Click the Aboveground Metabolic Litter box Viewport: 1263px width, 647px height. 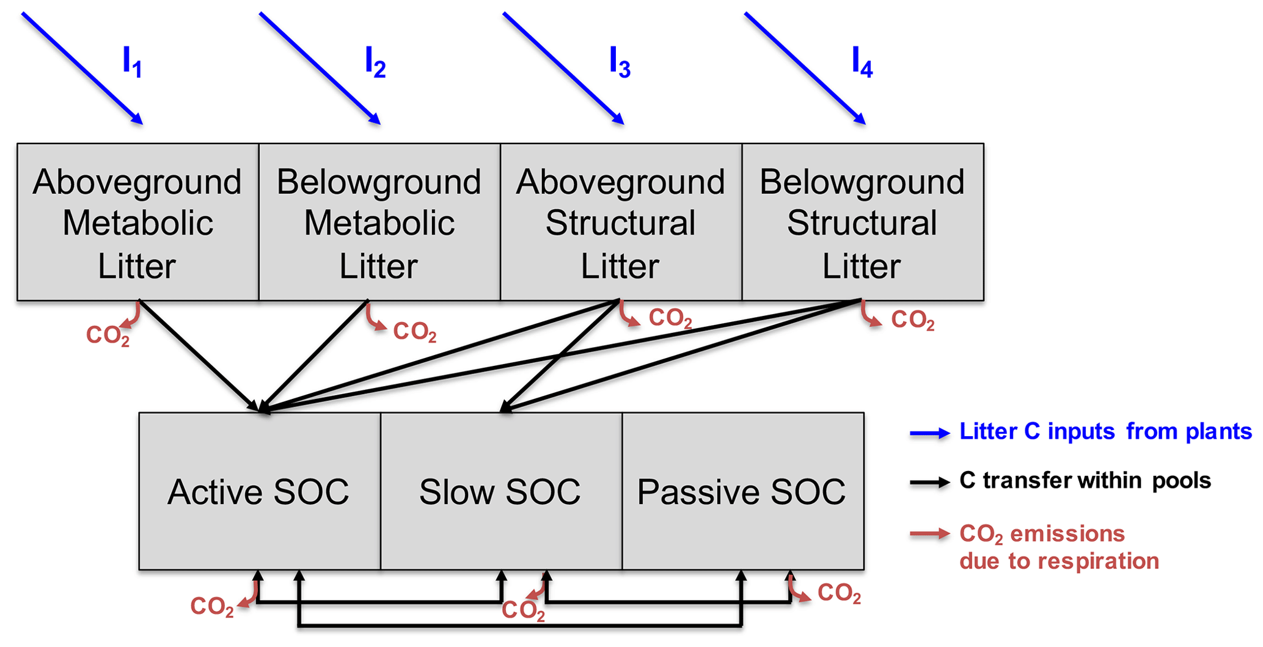pos(137,222)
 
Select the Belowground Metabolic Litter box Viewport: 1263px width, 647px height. pos(379,222)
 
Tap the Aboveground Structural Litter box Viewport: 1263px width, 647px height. pos(621,222)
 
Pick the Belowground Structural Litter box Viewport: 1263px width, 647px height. pos(862,222)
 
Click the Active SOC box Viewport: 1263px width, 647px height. pos(259,491)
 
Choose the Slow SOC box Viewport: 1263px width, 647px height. pos(500,491)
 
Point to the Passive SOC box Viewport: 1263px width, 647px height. pos(742,491)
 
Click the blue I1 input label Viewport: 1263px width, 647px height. pos(132,62)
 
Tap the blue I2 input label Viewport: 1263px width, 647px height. pos(375,62)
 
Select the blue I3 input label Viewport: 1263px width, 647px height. pos(619,62)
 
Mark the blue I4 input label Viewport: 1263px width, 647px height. pos(862,62)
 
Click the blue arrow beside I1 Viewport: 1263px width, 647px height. pos(82,68)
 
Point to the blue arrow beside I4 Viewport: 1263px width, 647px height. pos(805,68)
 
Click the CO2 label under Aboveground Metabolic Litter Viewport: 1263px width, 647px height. pos(108,335)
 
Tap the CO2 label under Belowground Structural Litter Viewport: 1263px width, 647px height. pos(912,320)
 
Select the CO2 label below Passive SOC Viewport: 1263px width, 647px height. pos(838,593)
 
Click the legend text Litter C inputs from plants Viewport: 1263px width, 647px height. pos(1105,431)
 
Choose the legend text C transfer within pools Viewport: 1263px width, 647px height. pos(1085,481)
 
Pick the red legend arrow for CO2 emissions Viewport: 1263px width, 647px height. pos(929,534)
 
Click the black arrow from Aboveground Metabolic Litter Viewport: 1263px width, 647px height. pos(199,354)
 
